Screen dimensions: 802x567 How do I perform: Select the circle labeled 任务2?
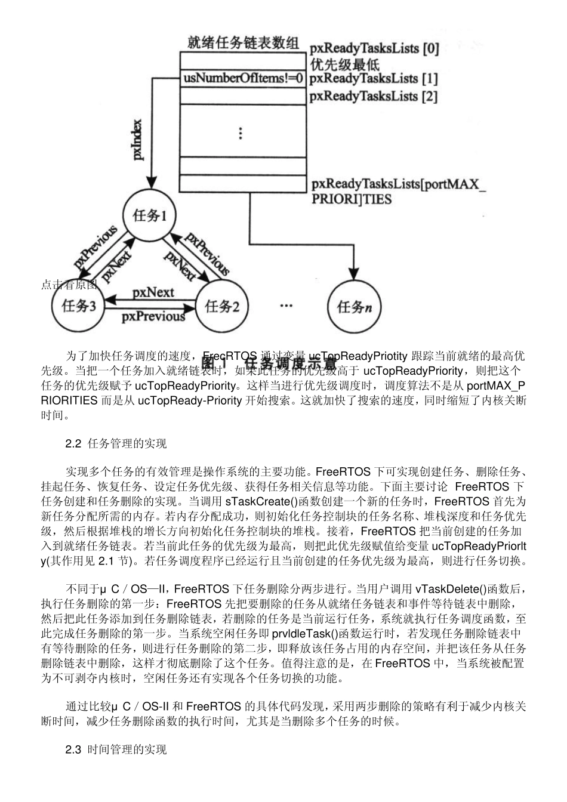[x=222, y=307]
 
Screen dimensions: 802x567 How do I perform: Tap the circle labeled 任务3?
[x=79, y=307]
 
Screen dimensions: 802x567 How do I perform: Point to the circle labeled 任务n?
[x=354, y=307]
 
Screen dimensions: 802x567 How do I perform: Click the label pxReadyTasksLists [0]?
[x=374, y=49]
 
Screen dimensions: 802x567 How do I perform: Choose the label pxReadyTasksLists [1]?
[x=374, y=78]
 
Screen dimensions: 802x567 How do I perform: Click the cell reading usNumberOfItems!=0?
[x=243, y=78]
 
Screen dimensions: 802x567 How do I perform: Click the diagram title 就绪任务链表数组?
[x=243, y=42]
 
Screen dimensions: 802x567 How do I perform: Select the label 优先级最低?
[x=344, y=64]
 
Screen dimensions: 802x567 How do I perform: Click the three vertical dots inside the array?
[x=241, y=133]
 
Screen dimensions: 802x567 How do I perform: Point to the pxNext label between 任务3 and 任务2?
[x=153, y=292]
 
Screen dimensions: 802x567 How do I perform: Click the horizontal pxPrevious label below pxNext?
[x=153, y=317]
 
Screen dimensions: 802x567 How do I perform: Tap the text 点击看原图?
[x=69, y=285]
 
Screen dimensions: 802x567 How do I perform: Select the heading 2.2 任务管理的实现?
[x=116, y=443]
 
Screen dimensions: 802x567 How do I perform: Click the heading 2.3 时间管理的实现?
[x=116, y=749]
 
